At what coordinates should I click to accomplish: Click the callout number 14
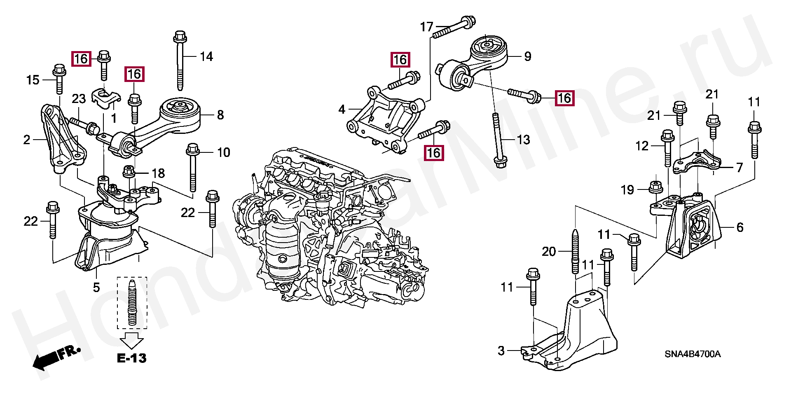point(206,56)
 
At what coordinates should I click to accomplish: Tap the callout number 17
point(427,27)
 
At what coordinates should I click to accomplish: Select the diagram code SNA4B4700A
point(693,354)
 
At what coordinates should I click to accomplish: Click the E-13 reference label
point(132,358)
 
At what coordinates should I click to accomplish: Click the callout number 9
point(528,56)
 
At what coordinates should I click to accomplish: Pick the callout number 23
point(79,99)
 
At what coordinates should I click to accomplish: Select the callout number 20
point(549,251)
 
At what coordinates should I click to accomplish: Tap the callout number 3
point(501,351)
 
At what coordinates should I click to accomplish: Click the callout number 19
point(627,190)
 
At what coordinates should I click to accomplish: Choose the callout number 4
point(342,109)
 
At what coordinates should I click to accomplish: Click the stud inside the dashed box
point(132,302)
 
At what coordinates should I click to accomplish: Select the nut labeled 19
point(655,187)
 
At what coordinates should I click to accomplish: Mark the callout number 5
point(96,287)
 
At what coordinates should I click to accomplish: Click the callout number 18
point(158,173)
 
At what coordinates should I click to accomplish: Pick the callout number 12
point(642,146)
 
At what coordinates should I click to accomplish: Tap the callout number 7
point(740,167)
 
